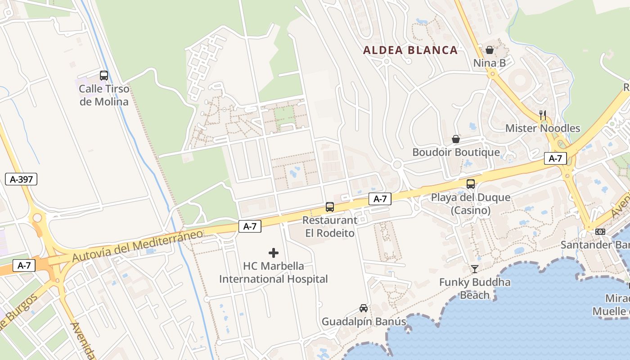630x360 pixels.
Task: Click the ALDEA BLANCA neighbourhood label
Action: tap(410, 50)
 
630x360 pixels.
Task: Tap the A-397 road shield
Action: tap(21, 179)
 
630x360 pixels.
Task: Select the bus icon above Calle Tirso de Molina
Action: tap(104, 76)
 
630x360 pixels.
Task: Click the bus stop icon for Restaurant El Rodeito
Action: tap(330, 207)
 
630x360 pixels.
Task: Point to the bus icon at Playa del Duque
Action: tap(471, 184)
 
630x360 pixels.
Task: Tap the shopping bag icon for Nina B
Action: tap(490, 50)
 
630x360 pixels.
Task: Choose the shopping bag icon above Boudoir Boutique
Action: tap(456, 139)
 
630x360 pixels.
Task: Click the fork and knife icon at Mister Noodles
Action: tap(543, 115)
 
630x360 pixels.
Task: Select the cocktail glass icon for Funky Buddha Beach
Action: tap(475, 269)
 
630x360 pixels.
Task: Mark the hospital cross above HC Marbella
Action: tap(274, 253)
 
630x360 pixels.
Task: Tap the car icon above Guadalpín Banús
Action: tap(364, 308)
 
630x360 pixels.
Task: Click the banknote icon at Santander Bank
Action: tap(600, 232)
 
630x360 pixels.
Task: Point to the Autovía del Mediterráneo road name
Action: tap(137, 246)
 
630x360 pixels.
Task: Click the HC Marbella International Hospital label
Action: tap(274, 273)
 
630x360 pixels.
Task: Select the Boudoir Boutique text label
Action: tap(456, 153)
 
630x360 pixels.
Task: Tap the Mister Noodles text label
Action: tap(543, 128)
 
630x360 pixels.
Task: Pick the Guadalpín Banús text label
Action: tap(364, 322)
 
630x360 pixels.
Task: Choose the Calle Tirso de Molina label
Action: tap(104, 95)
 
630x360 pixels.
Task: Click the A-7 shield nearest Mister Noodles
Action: tap(555, 158)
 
